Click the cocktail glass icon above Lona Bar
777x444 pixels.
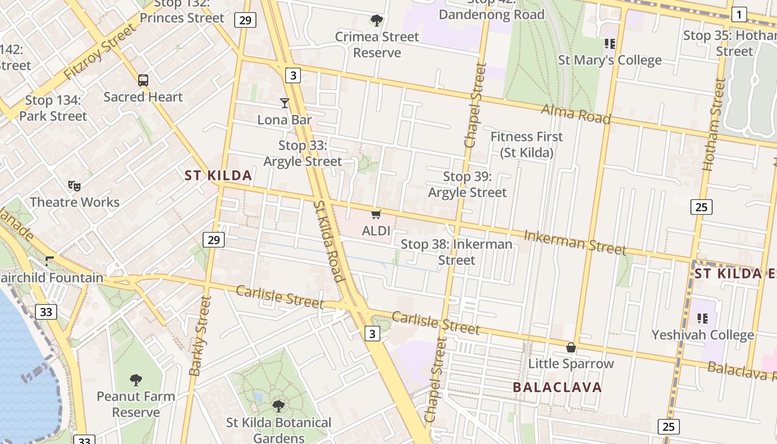(285, 103)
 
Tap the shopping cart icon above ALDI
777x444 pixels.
(376, 214)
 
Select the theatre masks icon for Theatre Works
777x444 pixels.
(74, 185)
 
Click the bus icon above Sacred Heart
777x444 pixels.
(143, 80)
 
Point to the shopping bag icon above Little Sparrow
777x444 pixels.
(571, 347)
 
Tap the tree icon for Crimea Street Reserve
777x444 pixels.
(377, 21)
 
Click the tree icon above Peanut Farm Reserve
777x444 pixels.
(136, 380)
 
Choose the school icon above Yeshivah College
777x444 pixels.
(703, 319)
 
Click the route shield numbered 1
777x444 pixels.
(739, 14)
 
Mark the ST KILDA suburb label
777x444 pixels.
(218, 176)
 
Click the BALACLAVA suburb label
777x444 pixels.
(557, 387)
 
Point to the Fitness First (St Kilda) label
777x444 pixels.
(527, 144)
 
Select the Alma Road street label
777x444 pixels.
(576, 115)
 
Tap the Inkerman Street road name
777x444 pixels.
(575, 242)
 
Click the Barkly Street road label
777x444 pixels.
(200, 335)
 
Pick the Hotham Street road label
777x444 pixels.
(714, 124)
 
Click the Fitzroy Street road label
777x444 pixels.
(99, 51)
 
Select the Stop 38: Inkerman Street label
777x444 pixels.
(456, 252)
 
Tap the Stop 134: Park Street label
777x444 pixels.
(53, 108)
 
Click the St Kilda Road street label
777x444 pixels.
(327, 241)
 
